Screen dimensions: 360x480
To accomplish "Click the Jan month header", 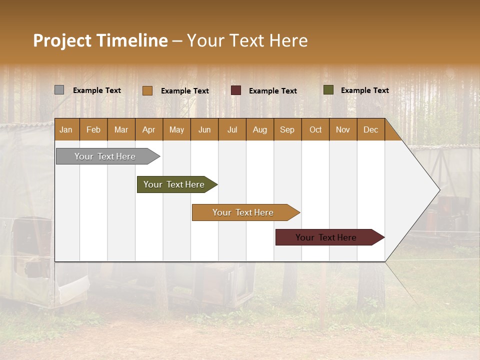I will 66,130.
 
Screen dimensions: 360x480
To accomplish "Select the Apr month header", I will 148,130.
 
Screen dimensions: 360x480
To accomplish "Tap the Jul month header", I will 232,130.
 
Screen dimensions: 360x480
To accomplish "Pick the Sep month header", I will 287,130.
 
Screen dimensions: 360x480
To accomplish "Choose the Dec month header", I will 370,130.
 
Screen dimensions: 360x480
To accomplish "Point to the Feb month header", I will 93,130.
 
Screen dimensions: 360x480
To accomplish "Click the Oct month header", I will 315,130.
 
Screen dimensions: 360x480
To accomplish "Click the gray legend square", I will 59,90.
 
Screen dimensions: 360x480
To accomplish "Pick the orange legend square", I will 147,90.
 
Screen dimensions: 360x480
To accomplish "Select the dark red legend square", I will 236,90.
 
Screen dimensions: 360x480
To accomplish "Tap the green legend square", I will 328,90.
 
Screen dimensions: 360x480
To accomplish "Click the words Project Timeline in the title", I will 100,40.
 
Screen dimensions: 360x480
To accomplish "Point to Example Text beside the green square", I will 364,90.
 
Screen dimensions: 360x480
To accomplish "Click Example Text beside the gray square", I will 96,90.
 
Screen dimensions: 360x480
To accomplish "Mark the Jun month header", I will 204,130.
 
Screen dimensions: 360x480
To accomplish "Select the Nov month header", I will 342,130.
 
